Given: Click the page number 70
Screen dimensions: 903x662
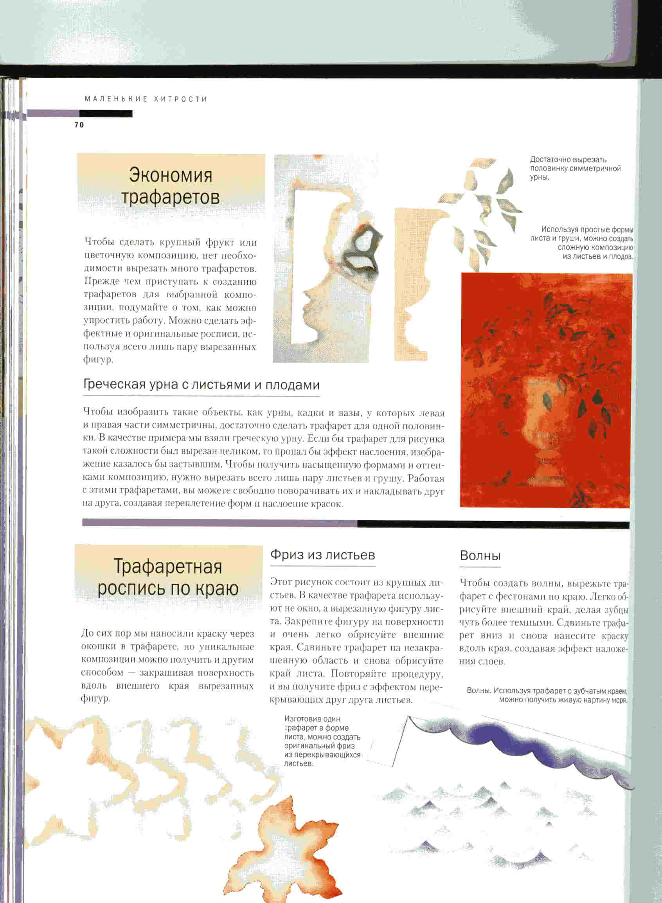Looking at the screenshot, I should point(79,125).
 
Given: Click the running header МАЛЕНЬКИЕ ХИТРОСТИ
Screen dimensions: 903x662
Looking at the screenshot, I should point(146,99).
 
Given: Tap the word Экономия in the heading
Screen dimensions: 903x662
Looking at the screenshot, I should point(170,174).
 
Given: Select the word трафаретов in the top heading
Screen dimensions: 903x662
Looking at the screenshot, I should point(170,197).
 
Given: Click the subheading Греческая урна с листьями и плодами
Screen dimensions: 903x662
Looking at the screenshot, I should point(201,385).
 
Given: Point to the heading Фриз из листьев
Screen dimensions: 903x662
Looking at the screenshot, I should point(322,555).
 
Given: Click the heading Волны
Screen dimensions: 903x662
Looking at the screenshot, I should point(480,556).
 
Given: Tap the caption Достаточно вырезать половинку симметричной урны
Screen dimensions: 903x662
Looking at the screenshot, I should point(575,168).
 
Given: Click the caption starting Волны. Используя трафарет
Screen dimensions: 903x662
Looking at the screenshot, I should point(547,695).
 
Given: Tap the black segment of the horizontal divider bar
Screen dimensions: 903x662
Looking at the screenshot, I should point(493,524).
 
